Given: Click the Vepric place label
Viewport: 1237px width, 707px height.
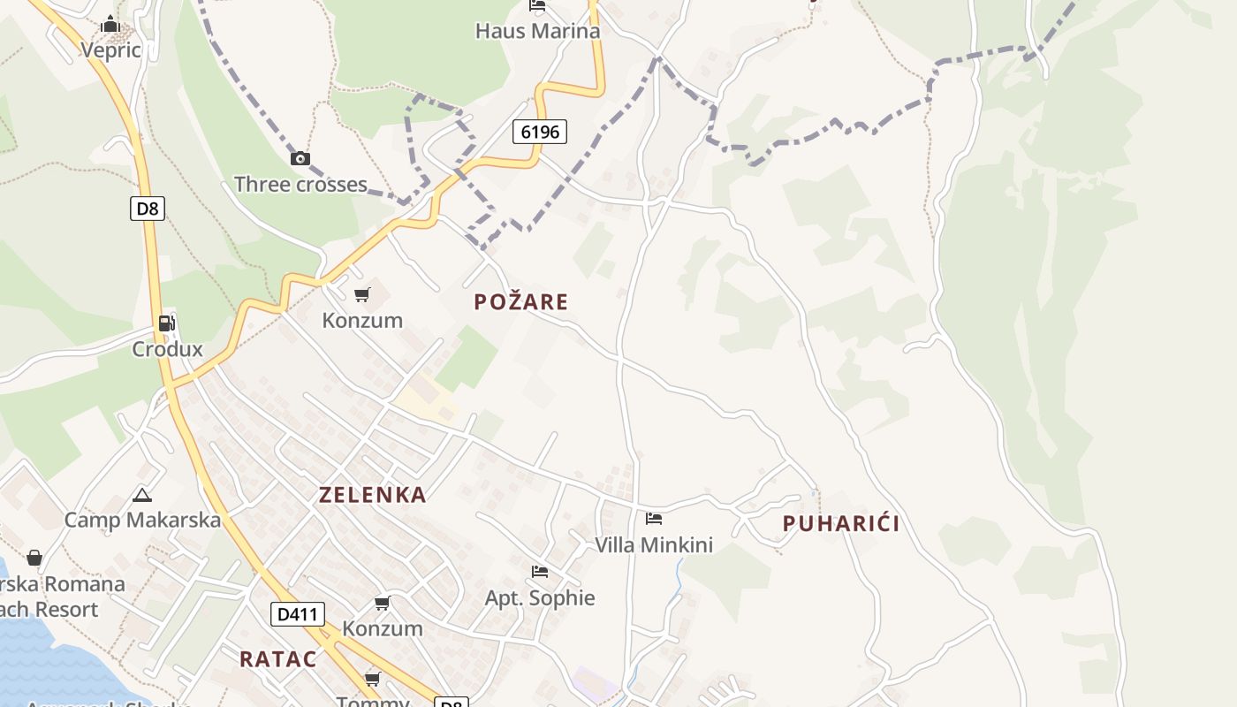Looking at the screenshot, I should (111, 49).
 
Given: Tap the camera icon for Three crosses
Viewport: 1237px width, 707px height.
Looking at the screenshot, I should (300, 159).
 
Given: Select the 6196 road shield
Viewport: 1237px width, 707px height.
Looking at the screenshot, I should (540, 132).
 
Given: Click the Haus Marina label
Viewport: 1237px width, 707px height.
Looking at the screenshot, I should (537, 31).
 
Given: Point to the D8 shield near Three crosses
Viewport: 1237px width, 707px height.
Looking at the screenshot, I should (148, 209).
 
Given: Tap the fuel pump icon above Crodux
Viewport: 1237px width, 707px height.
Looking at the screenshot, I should (166, 323).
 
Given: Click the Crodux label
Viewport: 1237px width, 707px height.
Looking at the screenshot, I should (167, 349).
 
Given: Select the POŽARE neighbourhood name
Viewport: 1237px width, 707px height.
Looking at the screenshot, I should (521, 302).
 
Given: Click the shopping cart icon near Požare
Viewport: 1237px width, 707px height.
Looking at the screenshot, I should (361, 294).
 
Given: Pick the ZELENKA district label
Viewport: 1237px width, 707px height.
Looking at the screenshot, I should (373, 495).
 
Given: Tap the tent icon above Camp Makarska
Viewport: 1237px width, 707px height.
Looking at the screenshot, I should (141, 495).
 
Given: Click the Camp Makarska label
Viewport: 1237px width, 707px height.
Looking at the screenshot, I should (142, 520).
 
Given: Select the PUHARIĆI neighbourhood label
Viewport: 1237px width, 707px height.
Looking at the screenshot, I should (841, 524).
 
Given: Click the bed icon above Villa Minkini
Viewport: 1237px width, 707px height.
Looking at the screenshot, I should (654, 519).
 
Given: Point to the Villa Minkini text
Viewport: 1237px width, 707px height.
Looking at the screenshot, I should (654, 545).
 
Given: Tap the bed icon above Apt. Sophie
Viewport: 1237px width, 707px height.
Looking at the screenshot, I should (540, 572).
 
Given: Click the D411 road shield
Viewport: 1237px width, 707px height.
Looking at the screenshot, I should (298, 613).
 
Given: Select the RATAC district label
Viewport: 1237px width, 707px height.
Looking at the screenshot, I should (277, 659).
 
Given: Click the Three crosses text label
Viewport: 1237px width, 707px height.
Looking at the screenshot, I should (300, 185).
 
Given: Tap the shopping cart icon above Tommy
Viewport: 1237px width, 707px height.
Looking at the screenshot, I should (373, 679).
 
